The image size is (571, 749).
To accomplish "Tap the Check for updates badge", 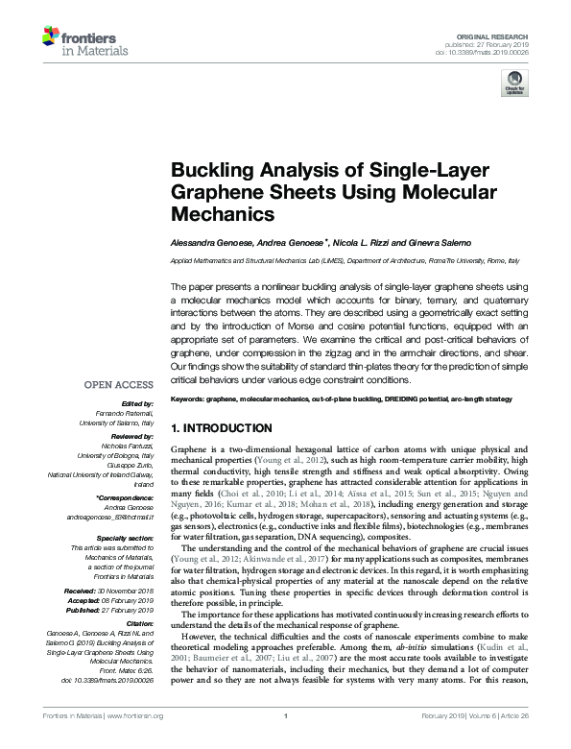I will coord(514,86).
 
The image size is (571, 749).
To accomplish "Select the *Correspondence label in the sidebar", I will coord(127,499).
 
